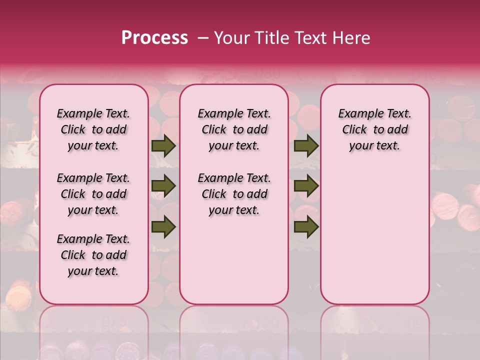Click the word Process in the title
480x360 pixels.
click(x=154, y=38)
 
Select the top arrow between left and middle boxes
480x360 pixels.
click(x=163, y=146)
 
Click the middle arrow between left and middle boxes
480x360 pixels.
click(x=163, y=186)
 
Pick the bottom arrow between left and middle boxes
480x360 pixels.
click(x=163, y=227)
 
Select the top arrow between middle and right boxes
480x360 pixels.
click(x=306, y=146)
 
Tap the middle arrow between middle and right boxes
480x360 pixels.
click(x=306, y=186)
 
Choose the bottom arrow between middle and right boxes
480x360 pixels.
click(x=306, y=227)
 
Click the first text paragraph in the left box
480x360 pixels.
click(x=93, y=129)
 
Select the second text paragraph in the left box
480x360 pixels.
click(x=93, y=194)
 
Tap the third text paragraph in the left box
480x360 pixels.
click(x=93, y=255)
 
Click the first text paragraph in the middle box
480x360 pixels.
click(x=234, y=129)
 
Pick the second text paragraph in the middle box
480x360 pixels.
click(x=234, y=194)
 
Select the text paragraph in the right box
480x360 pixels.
click(x=374, y=129)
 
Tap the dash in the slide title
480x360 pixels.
click(x=203, y=38)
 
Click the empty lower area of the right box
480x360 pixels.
click(x=374, y=235)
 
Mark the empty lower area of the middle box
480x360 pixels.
click(x=234, y=260)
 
